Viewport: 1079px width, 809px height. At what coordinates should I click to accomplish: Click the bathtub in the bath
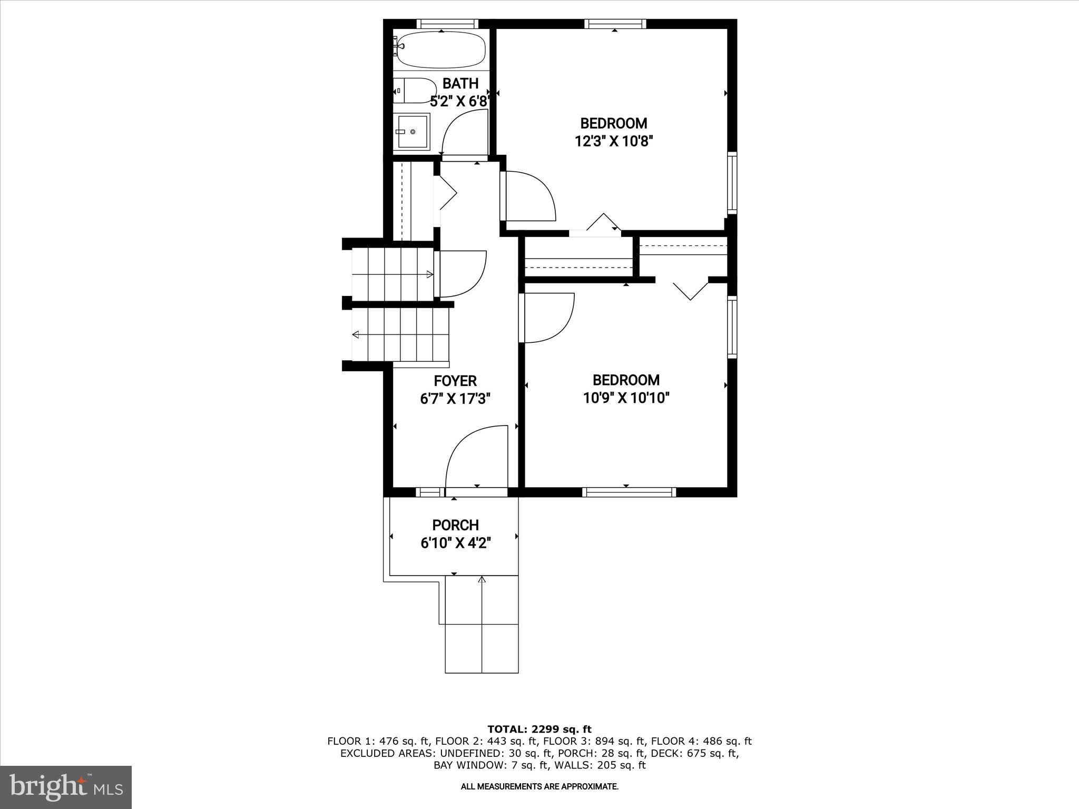pyautogui.click(x=440, y=50)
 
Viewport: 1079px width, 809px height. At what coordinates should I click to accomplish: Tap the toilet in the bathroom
pyautogui.click(x=414, y=91)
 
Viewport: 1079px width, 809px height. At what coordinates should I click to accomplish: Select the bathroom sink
pyautogui.click(x=413, y=131)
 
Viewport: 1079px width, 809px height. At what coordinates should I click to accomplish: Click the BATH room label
pyautogui.click(x=460, y=83)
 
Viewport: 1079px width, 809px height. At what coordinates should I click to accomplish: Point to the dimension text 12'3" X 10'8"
pyautogui.click(x=614, y=141)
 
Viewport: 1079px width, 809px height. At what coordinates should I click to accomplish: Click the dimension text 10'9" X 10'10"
pyautogui.click(x=626, y=398)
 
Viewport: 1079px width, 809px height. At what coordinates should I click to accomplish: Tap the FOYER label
pyautogui.click(x=455, y=381)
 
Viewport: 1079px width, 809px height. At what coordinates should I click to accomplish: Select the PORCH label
pyautogui.click(x=455, y=525)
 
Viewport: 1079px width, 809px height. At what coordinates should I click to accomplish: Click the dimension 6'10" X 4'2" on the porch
pyautogui.click(x=456, y=542)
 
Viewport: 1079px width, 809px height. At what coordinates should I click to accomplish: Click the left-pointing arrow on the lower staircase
pyautogui.click(x=356, y=334)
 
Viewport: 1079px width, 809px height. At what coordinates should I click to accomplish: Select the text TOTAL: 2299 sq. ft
pyautogui.click(x=539, y=729)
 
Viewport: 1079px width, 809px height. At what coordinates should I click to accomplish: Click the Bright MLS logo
pyautogui.click(x=66, y=787)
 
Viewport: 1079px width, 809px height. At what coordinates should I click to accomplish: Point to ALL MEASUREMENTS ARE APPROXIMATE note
pyautogui.click(x=539, y=786)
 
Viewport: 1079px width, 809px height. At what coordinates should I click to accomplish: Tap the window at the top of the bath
pyautogui.click(x=447, y=24)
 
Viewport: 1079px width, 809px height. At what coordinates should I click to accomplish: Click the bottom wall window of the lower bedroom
pyautogui.click(x=629, y=492)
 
